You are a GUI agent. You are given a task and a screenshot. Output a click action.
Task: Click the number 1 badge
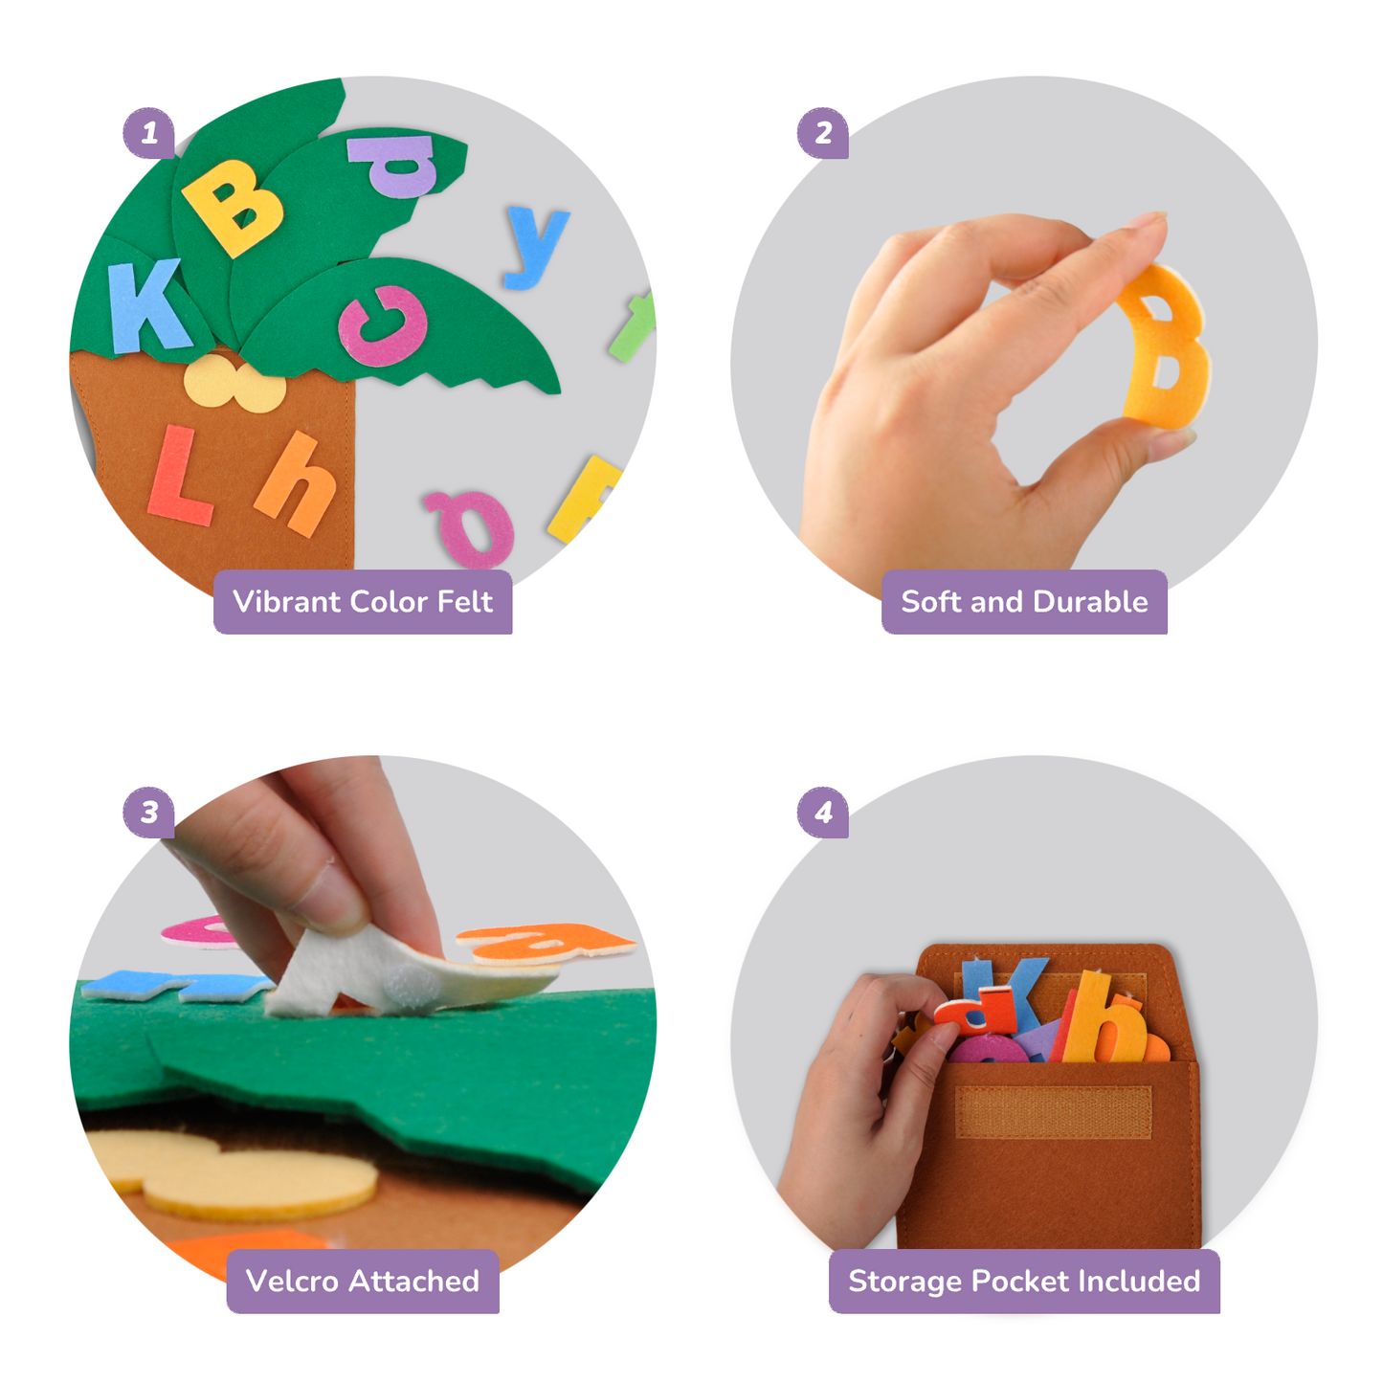click(x=148, y=133)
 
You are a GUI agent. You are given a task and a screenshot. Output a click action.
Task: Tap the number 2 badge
click(x=822, y=133)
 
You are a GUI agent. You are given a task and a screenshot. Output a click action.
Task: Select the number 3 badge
click(x=148, y=813)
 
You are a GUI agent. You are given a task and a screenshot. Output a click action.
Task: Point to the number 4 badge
click(x=822, y=813)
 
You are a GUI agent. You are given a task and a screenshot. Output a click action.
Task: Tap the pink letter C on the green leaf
click(x=383, y=325)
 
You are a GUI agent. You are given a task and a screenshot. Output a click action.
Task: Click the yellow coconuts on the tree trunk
click(x=234, y=384)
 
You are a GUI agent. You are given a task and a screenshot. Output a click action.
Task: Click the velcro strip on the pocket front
click(x=1053, y=1112)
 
